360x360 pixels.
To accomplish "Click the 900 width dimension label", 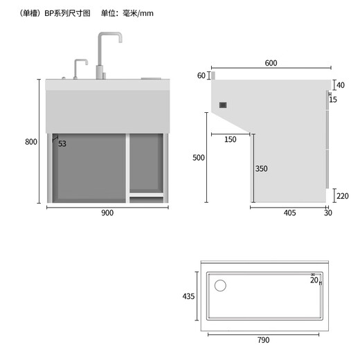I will (x=107, y=213).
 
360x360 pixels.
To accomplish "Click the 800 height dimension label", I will (x=30, y=142).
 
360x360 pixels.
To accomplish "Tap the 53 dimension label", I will (x=62, y=143).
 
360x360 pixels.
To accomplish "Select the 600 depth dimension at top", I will (x=271, y=63).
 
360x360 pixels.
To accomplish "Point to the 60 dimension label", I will (x=201, y=75).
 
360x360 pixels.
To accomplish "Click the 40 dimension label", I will (x=340, y=85).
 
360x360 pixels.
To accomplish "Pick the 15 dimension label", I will (x=333, y=100).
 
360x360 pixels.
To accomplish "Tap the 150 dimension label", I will (x=230, y=139).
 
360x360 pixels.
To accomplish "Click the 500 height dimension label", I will (x=199, y=158).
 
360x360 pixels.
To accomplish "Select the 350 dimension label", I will (x=261, y=168).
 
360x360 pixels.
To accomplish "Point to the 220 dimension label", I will (x=343, y=196).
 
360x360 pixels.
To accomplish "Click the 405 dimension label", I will (x=289, y=213).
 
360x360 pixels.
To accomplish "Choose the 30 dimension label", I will (x=327, y=213).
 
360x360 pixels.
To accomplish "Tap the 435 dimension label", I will (x=188, y=296).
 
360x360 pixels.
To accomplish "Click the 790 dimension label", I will (x=263, y=339).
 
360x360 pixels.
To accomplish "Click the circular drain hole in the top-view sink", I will (x=221, y=285).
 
